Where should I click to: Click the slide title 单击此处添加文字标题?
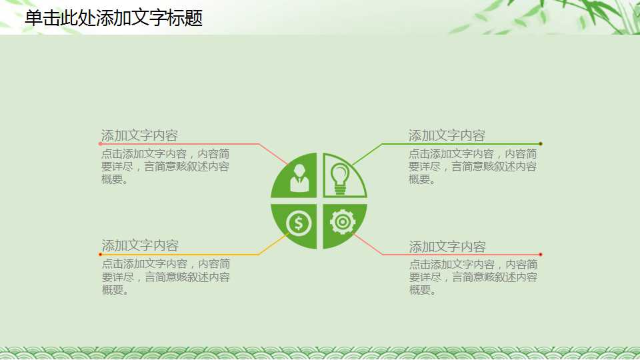(x=113, y=18)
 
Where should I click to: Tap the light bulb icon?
(x=341, y=178)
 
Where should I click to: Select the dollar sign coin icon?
(x=299, y=223)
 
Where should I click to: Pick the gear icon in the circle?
(x=343, y=222)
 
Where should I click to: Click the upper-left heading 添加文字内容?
(x=139, y=136)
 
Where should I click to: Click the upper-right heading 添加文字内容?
(x=447, y=136)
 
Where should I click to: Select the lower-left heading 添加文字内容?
(x=140, y=245)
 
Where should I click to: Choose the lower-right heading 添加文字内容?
(x=447, y=247)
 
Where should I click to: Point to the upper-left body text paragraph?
(x=165, y=166)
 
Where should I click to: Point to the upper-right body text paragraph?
(x=473, y=166)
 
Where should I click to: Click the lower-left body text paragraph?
(x=166, y=277)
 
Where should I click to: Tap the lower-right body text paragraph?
(x=473, y=277)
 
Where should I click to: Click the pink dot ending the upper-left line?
(x=101, y=143)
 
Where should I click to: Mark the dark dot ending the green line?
(x=541, y=143)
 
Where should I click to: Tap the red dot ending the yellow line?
(x=101, y=254)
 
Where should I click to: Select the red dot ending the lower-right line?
(x=541, y=254)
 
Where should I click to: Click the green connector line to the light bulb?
(x=460, y=143)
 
